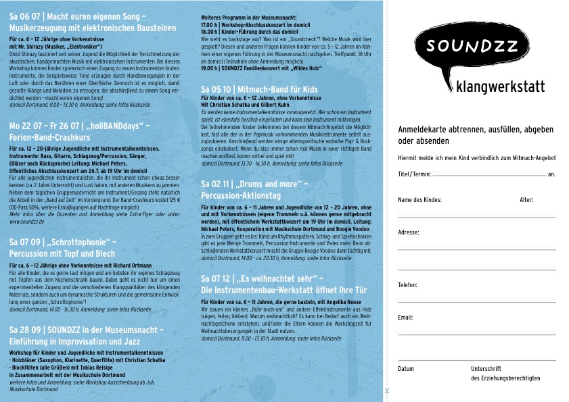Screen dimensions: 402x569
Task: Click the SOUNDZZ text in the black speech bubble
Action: (473, 47)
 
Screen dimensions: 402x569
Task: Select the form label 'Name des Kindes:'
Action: (419, 200)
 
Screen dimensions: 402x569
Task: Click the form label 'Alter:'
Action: (526, 200)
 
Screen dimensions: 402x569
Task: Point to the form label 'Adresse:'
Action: (409, 232)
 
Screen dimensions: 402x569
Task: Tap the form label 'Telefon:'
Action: (408, 285)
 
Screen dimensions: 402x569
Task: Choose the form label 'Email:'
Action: (405, 317)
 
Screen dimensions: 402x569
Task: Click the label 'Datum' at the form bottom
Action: (406, 369)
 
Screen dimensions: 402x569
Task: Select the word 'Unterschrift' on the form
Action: (486, 369)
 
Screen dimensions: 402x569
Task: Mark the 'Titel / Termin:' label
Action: (414, 174)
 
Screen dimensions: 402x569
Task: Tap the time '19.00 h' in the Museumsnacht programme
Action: (210, 68)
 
